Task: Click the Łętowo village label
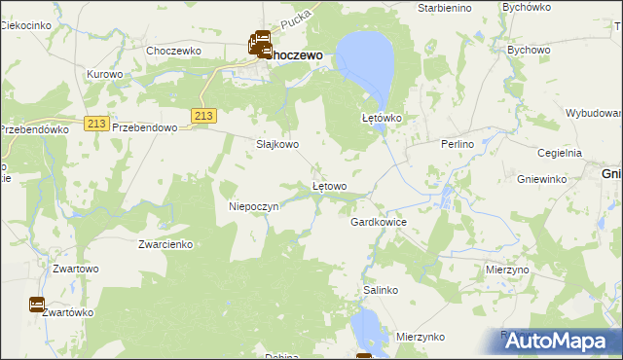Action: pyautogui.click(x=329, y=185)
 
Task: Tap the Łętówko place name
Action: pyautogui.click(x=383, y=118)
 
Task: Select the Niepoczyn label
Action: pyautogui.click(x=254, y=206)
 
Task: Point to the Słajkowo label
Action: pyautogui.click(x=277, y=144)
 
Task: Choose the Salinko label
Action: pyautogui.click(x=381, y=290)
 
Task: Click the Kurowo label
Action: pyautogui.click(x=105, y=74)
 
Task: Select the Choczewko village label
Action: pyautogui.click(x=172, y=50)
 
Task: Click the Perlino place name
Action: pyautogui.click(x=456, y=144)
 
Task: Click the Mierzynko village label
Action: pyautogui.click(x=421, y=337)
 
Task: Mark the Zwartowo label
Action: pyautogui.click(x=77, y=268)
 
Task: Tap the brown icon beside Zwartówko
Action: pyautogui.click(x=37, y=305)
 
